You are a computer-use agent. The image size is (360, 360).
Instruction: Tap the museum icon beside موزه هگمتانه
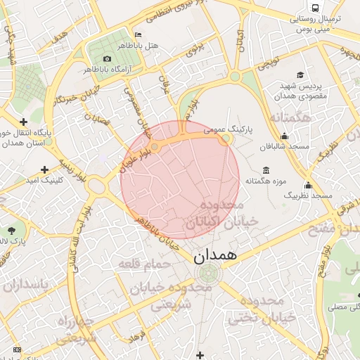coord(266,170)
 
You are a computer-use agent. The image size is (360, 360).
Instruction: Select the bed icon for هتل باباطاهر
coord(138,35)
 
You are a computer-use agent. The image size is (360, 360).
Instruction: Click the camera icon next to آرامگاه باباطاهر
coord(107,58)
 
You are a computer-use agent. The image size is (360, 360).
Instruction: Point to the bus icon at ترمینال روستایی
coord(315,7)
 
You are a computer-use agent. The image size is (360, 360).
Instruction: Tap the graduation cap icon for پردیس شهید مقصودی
coord(300,75)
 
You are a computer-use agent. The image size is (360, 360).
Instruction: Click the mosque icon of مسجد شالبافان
coord(284,136)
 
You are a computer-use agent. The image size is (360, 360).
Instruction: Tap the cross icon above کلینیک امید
coord(45,169)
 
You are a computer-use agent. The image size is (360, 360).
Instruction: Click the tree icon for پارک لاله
coord(12,230)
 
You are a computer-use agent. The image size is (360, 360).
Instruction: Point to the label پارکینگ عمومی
coord(229,130)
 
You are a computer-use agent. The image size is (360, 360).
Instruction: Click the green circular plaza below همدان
coord(207,274)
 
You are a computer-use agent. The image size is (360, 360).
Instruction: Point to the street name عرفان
coord(167,86)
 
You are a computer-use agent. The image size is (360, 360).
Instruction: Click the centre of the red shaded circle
coord(180,179)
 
